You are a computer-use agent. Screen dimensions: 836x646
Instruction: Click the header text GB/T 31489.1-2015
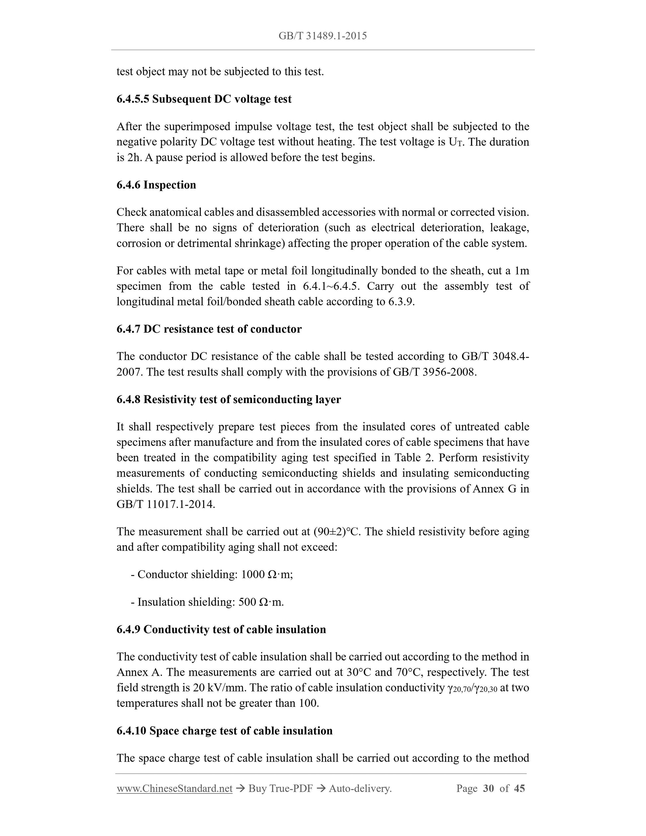point(323,36)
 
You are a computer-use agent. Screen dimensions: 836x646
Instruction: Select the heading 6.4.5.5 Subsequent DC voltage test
point(204,99)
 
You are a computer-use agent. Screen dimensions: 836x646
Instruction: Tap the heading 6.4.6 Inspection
point(156,185)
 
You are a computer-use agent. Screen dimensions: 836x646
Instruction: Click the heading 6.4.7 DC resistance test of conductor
point(209,329)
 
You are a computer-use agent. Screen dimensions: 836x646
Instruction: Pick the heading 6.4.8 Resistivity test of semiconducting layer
point(228,400)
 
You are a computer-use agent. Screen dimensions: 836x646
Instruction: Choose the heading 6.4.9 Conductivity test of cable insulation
point(221,630)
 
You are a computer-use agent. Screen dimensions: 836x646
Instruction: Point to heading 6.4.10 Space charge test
point(224,731)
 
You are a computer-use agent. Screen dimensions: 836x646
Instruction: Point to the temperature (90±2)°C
point(336,532)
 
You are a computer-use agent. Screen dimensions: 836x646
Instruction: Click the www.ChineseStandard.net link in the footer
point(175,788)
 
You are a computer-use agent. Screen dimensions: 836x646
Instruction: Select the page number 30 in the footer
point(488,788)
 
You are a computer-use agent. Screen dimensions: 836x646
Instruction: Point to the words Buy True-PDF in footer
point(281,788)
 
